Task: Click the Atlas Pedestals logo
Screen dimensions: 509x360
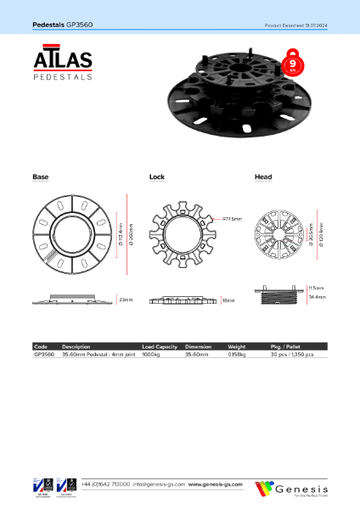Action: coord(64,65)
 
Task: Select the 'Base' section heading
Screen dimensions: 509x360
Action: coord(40,176)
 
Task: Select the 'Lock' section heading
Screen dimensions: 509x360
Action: coord(156,176)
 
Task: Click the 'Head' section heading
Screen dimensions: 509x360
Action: coord(263,176)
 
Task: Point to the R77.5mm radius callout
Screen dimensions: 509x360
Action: coord(232,219)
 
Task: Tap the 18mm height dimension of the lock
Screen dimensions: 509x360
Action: coord(228,300)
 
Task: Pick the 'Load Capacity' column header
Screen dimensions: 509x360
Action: coord(159,347)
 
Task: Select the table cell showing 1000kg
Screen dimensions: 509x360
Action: coord(151,354)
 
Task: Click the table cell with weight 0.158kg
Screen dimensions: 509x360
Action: coord(236,354)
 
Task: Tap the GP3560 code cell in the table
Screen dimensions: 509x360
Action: coord(43,354)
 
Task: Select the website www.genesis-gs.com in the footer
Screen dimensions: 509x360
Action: coord(215,484)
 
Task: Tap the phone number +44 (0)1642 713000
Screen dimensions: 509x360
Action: coord(105,484)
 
